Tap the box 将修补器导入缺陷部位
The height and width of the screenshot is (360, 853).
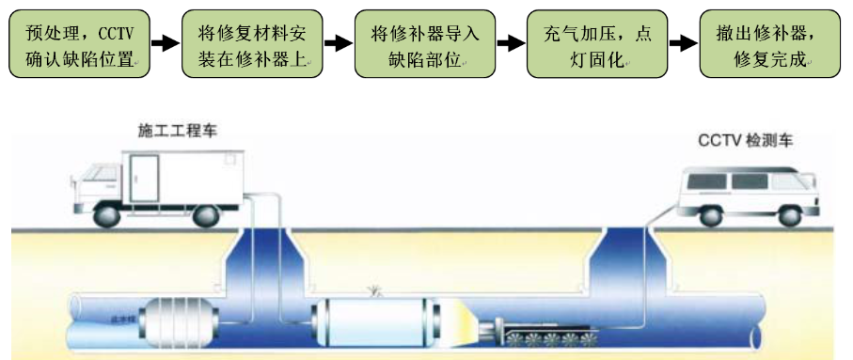(x=424, y=44)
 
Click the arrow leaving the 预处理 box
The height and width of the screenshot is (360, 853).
(x=164, y=44)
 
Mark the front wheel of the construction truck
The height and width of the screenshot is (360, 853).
(x=106, y=214)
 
